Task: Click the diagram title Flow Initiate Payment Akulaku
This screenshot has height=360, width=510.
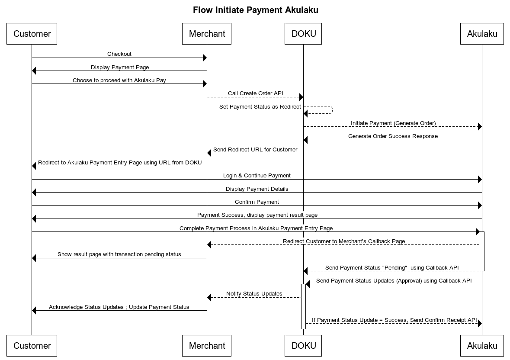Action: pyautogui.click(x=255, y=10)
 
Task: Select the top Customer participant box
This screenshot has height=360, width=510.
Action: pyautogui.click(x=32, y=34)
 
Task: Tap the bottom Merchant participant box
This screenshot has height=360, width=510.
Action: pyautogui.click(x=207, y=346)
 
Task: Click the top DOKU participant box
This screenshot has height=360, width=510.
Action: pyautogui.click(x=303, y=34)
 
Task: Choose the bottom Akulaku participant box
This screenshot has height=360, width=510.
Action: pyautogui.click(x=482, y=346)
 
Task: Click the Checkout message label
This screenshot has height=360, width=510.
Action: pyautogui.click(x=119, y=54)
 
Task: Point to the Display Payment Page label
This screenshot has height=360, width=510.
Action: pyautogui.click(x=120, y=67)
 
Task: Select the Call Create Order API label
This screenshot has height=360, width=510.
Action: pyautogui.click(x=255, y=93)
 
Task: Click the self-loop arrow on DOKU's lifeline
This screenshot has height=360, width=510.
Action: pyautogui.click(x=332, y=110)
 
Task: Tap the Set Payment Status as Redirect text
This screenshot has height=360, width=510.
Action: pyautogui.click(x=260, y=107)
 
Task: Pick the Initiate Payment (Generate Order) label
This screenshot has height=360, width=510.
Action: pyautogui.click(x=393, y=123)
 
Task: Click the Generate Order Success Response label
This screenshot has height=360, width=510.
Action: pyautogui.click(x=393, y=136)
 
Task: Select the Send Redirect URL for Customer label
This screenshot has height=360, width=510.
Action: pyautogui.click(x=255, y=150)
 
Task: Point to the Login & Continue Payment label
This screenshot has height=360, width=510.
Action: pyautogui.click(x=257, y=176)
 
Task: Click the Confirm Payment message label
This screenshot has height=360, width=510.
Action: pyautogui.click(x=257, y=202)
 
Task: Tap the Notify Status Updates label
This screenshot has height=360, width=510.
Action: pyautogui.click(x=254, y=294)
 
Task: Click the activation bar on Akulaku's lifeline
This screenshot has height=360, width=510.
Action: pyautogui.click(x=482, y=251)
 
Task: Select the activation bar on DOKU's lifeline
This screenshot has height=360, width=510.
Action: pyautogui.click(x=303, y=306)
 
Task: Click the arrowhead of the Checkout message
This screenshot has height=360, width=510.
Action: pyautogui.click(x=205, y=58)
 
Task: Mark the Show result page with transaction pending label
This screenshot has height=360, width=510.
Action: pyautogui.click(x=119, y=254)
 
